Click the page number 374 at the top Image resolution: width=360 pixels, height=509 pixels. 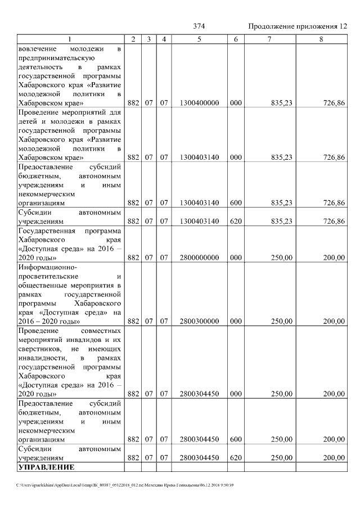[x=199, y=26]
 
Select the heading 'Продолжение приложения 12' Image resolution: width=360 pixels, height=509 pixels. [x=298, y=26]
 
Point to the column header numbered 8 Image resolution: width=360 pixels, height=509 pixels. [x=321, y=39]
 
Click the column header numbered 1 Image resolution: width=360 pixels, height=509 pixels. [x=70, y=39]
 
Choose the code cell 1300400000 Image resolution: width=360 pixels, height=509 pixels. [x=199, y=103]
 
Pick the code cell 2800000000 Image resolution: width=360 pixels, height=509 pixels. [x=199, y=258]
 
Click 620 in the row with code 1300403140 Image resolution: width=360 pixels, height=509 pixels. [x=236, y=222]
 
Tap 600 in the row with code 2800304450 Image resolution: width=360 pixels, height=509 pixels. [x=236, y=439]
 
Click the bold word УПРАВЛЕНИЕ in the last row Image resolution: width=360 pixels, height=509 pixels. [x=46, y=467]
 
